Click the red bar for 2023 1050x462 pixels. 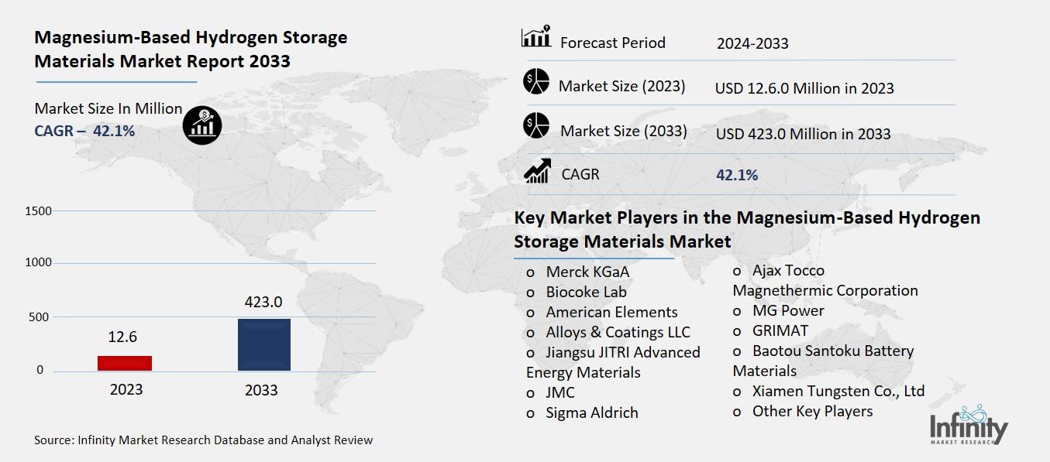[x=125, y=363]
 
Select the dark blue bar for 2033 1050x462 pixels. [x=263, y=344]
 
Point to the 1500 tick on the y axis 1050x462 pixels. [x=38, y=211]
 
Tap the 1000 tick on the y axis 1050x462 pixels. [x=38, y=263]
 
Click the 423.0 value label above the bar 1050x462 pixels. [x=263, y=302]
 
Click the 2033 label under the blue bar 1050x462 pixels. [x=261, y=390]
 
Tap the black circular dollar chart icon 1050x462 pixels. [x=202, y=125]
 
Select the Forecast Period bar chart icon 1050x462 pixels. [x=536, y=37]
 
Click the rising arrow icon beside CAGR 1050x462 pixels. [x=537, y=171]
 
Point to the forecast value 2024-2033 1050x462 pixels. [x=752, y=43]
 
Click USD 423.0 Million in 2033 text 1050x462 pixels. [x=803, y=134]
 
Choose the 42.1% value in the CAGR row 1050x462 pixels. [x=737, y=176]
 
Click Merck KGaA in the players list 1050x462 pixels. [x=587, y=272]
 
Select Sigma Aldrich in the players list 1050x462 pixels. [x=591, y=413]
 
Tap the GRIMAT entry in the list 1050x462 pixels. [x=780, y=330]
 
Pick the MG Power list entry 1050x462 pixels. [x=787, y=310]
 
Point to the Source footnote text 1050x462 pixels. [x=203, y=440]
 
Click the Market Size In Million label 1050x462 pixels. [x=108, y=109]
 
